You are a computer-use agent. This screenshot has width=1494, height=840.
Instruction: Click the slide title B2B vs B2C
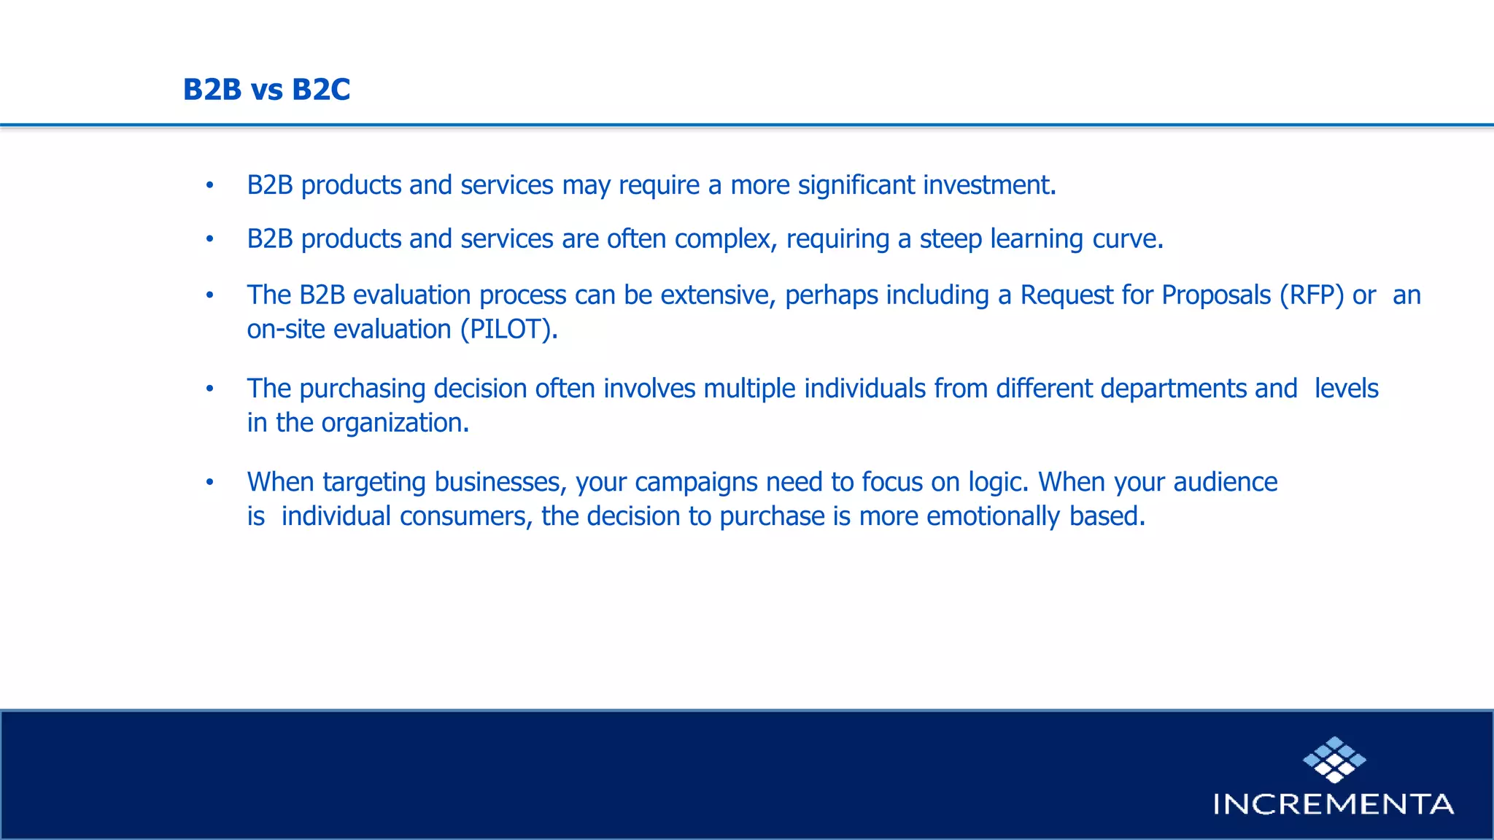[x=266, y=90]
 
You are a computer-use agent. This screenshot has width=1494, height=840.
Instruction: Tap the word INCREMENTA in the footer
[x=1333, y=804]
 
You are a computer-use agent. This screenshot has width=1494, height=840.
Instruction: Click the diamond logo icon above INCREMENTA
[x=1334, y=759]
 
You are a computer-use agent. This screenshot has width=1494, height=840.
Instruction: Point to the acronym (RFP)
[x=1311, y=295]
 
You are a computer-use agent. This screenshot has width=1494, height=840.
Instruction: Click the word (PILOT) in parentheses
[x=508, y=330]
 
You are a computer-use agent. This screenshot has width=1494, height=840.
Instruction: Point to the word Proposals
[x=1216, y=295]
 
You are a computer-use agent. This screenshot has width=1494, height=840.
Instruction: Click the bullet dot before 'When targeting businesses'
[x=209, y=482]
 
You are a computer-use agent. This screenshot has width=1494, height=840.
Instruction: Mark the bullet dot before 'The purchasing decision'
[x=209, y=389]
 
